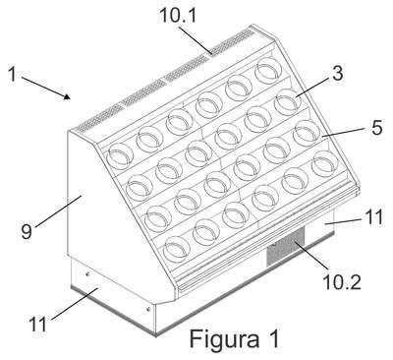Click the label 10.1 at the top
[x=178, y=16]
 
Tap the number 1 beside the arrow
[x=12, y=74]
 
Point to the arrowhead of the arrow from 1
[x=67, y=96]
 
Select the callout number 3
[x=337, y=74]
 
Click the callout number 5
[x=377, y=127]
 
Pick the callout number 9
[x=27, y=232]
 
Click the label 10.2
[x=342, y=281]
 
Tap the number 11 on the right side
[x=372, y=217]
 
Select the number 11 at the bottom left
[x=38, y=325]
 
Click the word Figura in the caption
[x=224, y=339]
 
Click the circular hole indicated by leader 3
[x=287, y=102]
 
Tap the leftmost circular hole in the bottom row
[x=177, y=247]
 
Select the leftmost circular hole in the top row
[x=120, y=156]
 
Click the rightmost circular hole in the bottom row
[x=325, y=163]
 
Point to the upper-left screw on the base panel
[x=87, y=274]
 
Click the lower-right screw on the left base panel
[x=148, y=308]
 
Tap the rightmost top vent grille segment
[x=233, y=41]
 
